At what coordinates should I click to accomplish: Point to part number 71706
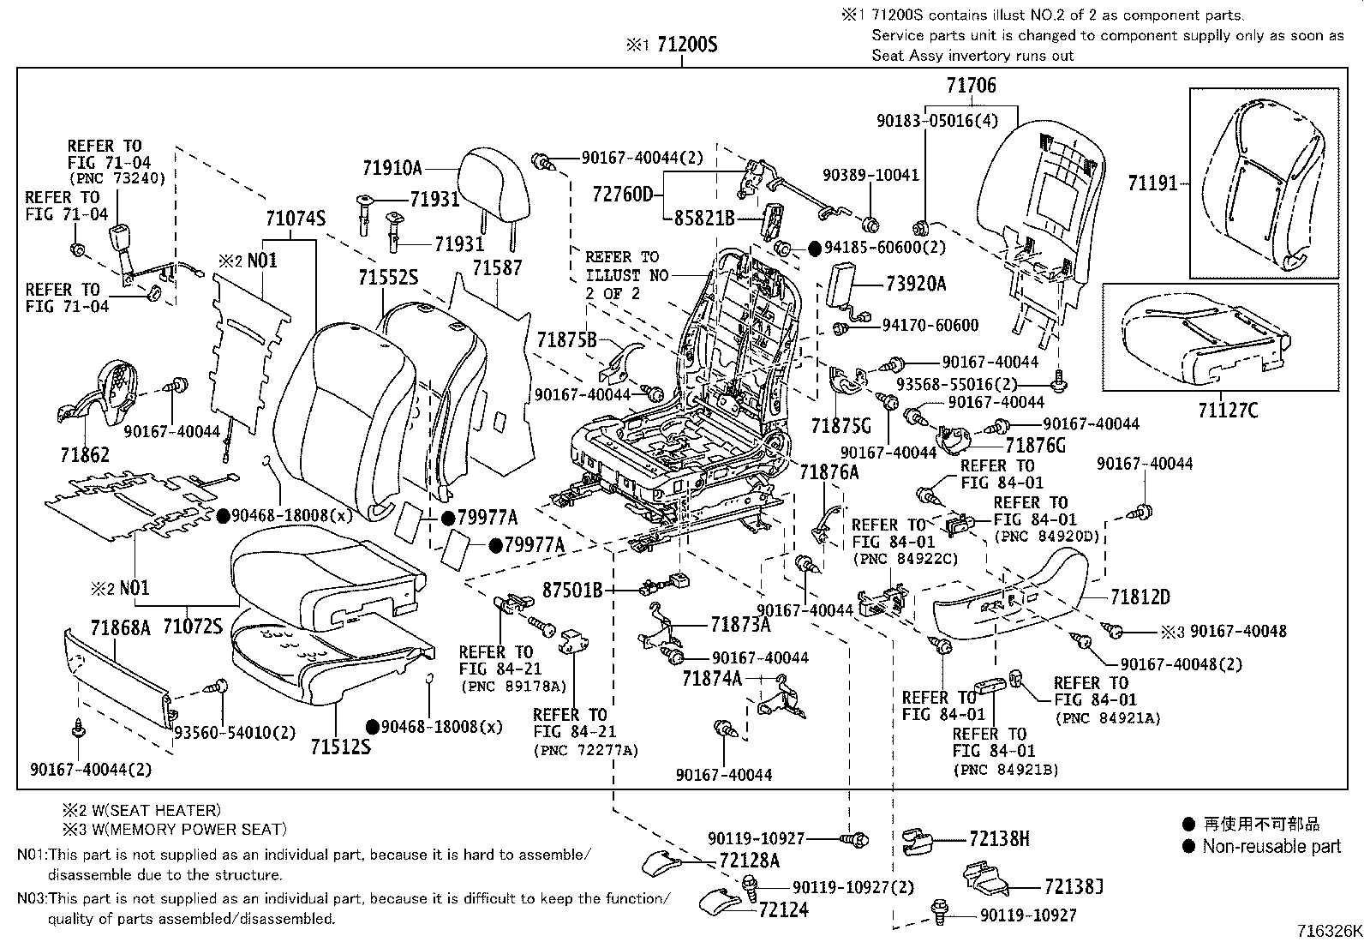point(972,85)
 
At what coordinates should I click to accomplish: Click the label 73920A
point(916,284)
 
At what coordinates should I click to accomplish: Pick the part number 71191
point(1152,183)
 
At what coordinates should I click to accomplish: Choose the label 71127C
point(1228,410)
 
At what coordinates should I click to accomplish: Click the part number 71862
point(85,454)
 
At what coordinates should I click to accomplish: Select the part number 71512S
point(340,747)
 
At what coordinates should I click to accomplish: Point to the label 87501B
point(572,590)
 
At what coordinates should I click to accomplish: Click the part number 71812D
point(1140,597)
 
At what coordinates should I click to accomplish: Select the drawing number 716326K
point(1328,931)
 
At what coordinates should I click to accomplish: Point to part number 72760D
point(623,194)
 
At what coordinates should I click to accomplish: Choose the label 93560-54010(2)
point(235,733)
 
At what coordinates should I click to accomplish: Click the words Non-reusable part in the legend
point(1271,847)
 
